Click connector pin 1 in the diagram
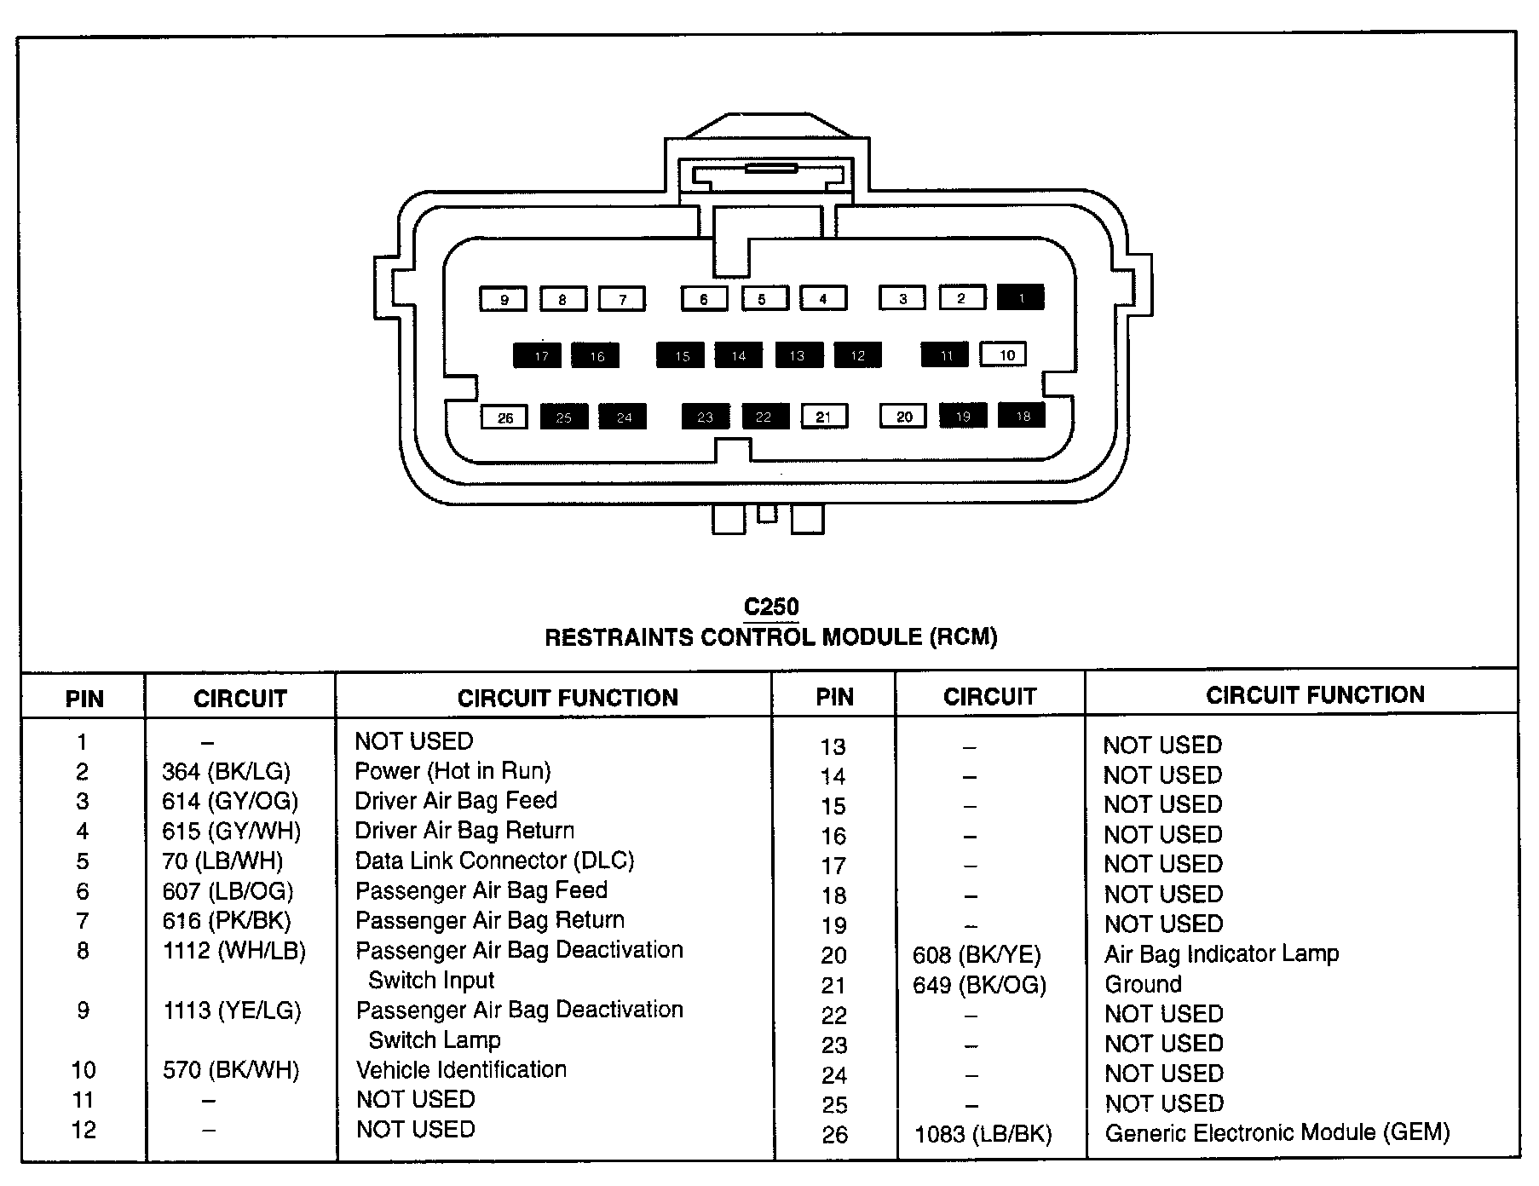[x=1021, y=297]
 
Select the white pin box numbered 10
[x=1004, y=354]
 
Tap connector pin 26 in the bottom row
[x=504, y=417]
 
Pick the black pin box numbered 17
[x=538, y=355]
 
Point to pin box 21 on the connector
[x=824, y=417]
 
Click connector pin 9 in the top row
[x=504, y=299]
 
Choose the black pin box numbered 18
[x=1022, y=416]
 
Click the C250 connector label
[x=771, y=607]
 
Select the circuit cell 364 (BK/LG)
[x=226, y=772]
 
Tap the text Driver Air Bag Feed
[x=456, y=801]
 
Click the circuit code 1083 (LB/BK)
[x=983, y=1134]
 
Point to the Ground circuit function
[x=1143, y=985]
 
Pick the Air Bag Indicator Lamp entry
[x=1221, y=954]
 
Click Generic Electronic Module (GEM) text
[x=1277, y=1133]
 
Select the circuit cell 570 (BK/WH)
[x=231, y=1070]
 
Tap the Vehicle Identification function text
[x=461, y=1070]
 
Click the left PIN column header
[x=84, y=700]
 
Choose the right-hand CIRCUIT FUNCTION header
[x=1314, y=695]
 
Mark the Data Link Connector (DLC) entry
[x=494, y=861]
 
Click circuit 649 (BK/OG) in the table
[x=979, y=985]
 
